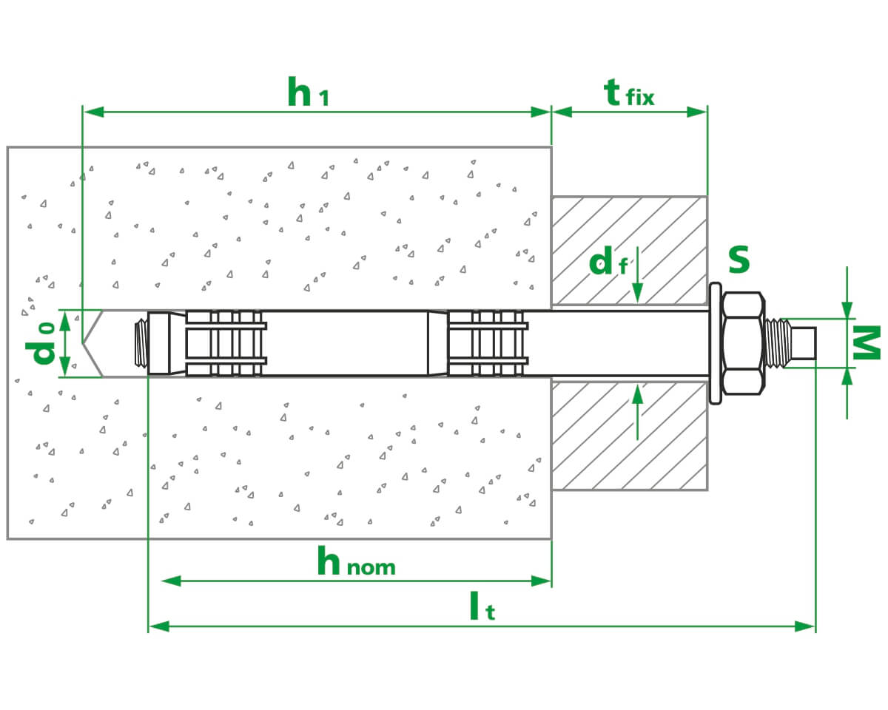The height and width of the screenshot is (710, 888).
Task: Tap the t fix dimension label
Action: click(628, 94)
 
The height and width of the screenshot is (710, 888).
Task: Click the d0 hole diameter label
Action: click(46, 343)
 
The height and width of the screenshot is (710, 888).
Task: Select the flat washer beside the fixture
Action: click(714, 343)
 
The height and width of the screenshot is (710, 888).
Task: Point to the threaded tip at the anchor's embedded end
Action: click(141, 342)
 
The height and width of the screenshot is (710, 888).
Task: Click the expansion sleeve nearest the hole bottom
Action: click(225, 342)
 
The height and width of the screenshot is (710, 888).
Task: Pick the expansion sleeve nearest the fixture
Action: click(488, 342)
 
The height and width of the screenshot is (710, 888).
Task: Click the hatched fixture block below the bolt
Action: click(629, 436)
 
